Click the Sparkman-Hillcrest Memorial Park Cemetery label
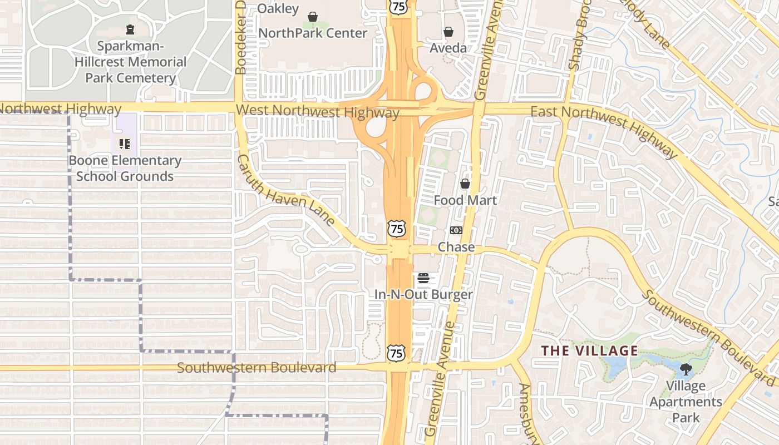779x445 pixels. pos(130,62)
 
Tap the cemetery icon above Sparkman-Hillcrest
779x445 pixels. pos(130,29)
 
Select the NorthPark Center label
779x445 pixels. pos(313,33)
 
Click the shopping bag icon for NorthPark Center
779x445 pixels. pos(313,17)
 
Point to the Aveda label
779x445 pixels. pos(448,48)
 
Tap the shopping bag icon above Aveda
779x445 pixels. pos(448,32)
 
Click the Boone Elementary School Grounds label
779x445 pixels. pos(125,169)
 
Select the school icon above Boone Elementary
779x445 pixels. pos(125,145)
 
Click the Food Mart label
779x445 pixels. pos(465,200)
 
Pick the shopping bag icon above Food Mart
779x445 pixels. pos(465,184)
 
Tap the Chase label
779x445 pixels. pos(456,247)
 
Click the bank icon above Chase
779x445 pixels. pos(456,230)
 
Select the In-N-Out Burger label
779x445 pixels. pos(423,295)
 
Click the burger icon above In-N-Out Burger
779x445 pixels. pos(423,278)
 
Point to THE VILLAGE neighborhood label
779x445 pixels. pos(590,351)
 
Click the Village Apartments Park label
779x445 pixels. pos(686,402)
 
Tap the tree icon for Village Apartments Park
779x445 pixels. pos(686,368)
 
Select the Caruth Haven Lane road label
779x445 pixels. pos(286,190)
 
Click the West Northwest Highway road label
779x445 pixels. pos(317,112)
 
